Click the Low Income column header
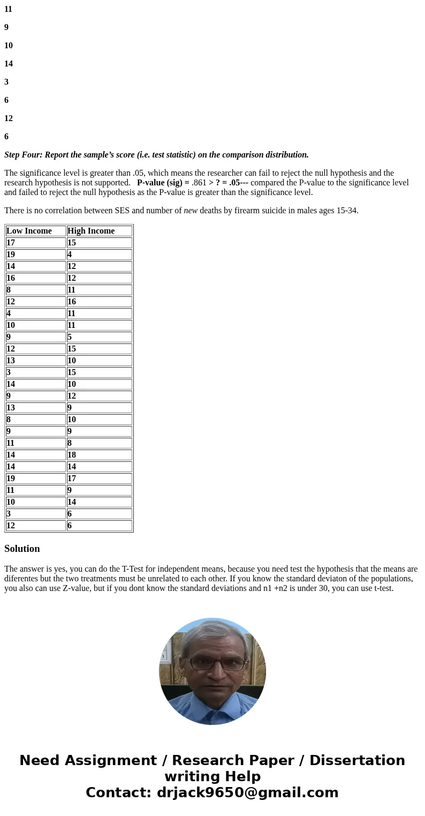click(29, 231)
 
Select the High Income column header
click(91, 231)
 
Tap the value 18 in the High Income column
click(72, 455)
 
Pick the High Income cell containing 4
click(70, 254)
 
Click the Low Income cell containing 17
click(11, 243)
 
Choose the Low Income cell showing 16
click(11, 278)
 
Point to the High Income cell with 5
click(70, 337)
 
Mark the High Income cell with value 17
click(72, 478)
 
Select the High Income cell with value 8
click(70, 443)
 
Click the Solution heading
click(22, 549)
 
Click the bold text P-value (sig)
click(160, 183)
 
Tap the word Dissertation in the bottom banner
click(357, 761)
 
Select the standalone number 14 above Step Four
click(9, 64)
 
